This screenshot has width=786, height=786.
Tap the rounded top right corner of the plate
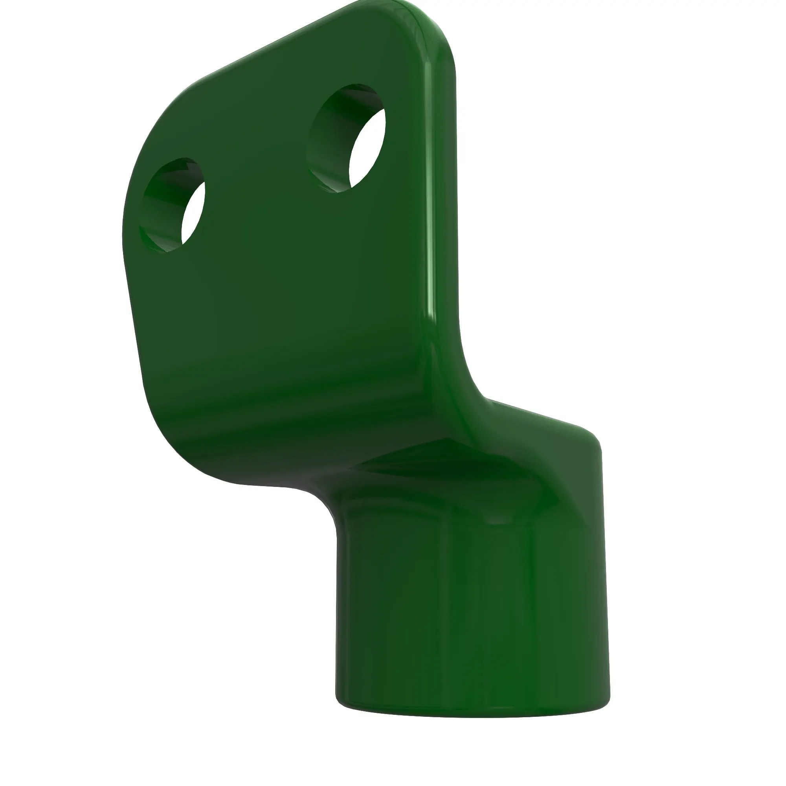point(435,37)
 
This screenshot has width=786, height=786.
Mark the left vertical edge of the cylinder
point(337,610)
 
